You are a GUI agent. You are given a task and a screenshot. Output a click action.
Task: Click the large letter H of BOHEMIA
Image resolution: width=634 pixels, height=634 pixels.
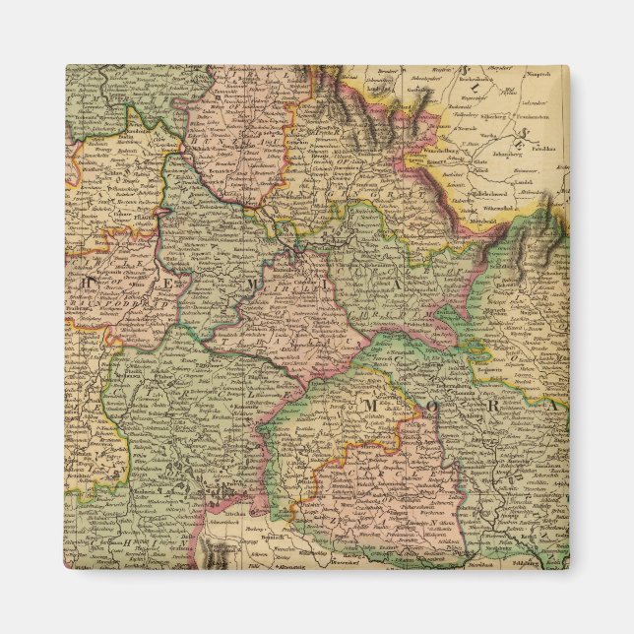(x=88, y=282)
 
